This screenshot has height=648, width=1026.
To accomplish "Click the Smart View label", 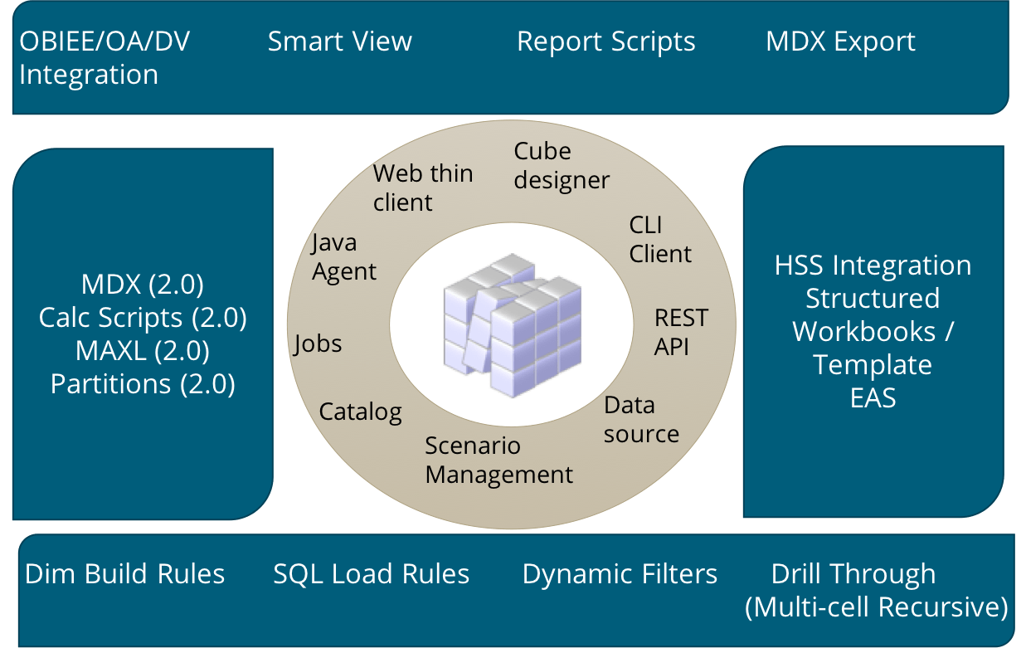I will point(339,41).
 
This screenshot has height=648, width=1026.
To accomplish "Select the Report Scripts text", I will point(605,41).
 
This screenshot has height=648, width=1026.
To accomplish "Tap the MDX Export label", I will point(840,41).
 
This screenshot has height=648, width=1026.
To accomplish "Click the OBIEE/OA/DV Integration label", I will point(104,58).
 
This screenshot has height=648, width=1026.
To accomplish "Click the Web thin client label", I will point(422,188).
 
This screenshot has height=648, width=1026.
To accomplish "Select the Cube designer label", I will point(561,165).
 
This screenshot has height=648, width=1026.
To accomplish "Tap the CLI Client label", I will point(659,239).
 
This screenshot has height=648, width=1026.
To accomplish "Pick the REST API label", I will point(680,332).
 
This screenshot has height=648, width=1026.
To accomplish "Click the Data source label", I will point(640,419).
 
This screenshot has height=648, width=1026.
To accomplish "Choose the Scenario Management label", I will point(498,460).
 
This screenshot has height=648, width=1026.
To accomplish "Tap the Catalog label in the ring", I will point(360,411).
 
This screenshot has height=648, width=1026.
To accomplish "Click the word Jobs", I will point(318,343).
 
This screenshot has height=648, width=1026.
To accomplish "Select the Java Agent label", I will point(343,256).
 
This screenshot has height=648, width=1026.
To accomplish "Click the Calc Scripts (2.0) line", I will point(143,318).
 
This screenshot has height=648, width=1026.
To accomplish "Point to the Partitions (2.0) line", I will point(143,384).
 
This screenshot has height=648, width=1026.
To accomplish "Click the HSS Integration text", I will point(873,266).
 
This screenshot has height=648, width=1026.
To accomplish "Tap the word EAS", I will point(873,398).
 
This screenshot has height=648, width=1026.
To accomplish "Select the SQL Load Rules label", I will point(371,574).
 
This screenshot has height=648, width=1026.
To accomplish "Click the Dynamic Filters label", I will point(619,574).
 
